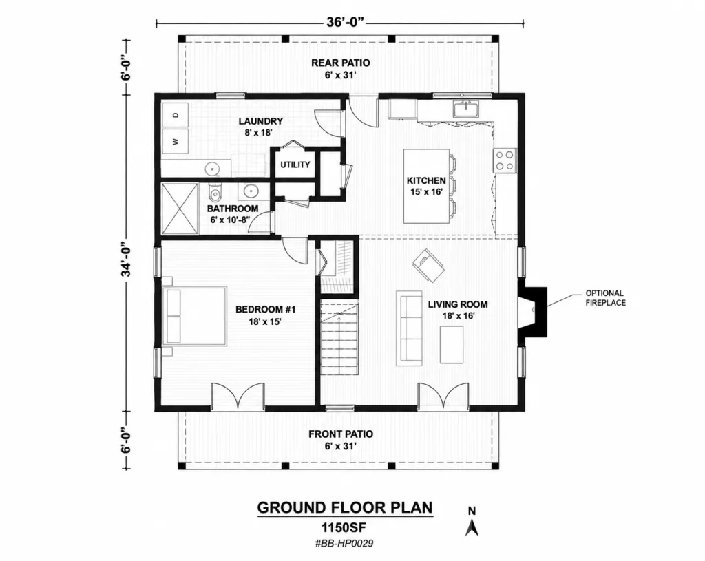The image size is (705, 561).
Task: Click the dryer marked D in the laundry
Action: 176,115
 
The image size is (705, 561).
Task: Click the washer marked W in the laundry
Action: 176,141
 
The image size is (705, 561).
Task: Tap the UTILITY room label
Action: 295,165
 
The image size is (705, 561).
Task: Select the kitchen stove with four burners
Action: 505,160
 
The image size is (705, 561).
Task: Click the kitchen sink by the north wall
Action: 466,109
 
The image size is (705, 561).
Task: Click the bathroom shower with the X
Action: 180,209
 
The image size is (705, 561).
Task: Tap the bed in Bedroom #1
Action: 195,316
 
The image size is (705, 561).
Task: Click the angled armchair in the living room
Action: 428,265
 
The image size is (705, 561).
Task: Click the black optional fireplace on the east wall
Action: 534,312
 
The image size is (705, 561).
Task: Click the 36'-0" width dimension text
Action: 346,22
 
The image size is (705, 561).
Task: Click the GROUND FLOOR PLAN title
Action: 345,507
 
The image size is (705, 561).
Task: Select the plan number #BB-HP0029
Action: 344,543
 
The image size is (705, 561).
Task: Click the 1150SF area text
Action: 345,527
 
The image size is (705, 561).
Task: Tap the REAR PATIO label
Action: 340,63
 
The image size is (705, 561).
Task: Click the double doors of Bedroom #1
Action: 238,396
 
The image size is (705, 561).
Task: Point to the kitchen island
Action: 426,186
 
